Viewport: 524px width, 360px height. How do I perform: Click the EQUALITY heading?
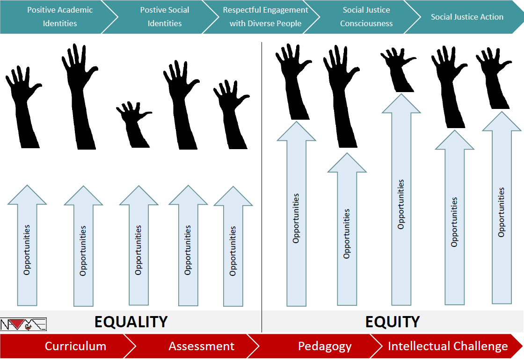(131, 322)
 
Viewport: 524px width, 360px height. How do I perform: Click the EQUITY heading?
(392, 322)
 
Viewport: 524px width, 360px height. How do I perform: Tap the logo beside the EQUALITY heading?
(23, 324)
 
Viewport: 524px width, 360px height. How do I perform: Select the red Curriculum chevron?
(70, 346)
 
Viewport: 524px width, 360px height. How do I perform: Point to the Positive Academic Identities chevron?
(58, 17)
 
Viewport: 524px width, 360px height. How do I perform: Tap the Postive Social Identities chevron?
(164, 17)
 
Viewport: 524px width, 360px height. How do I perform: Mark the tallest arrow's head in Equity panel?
(401, 104)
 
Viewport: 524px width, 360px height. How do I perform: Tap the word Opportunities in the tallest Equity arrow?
(401, 204)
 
